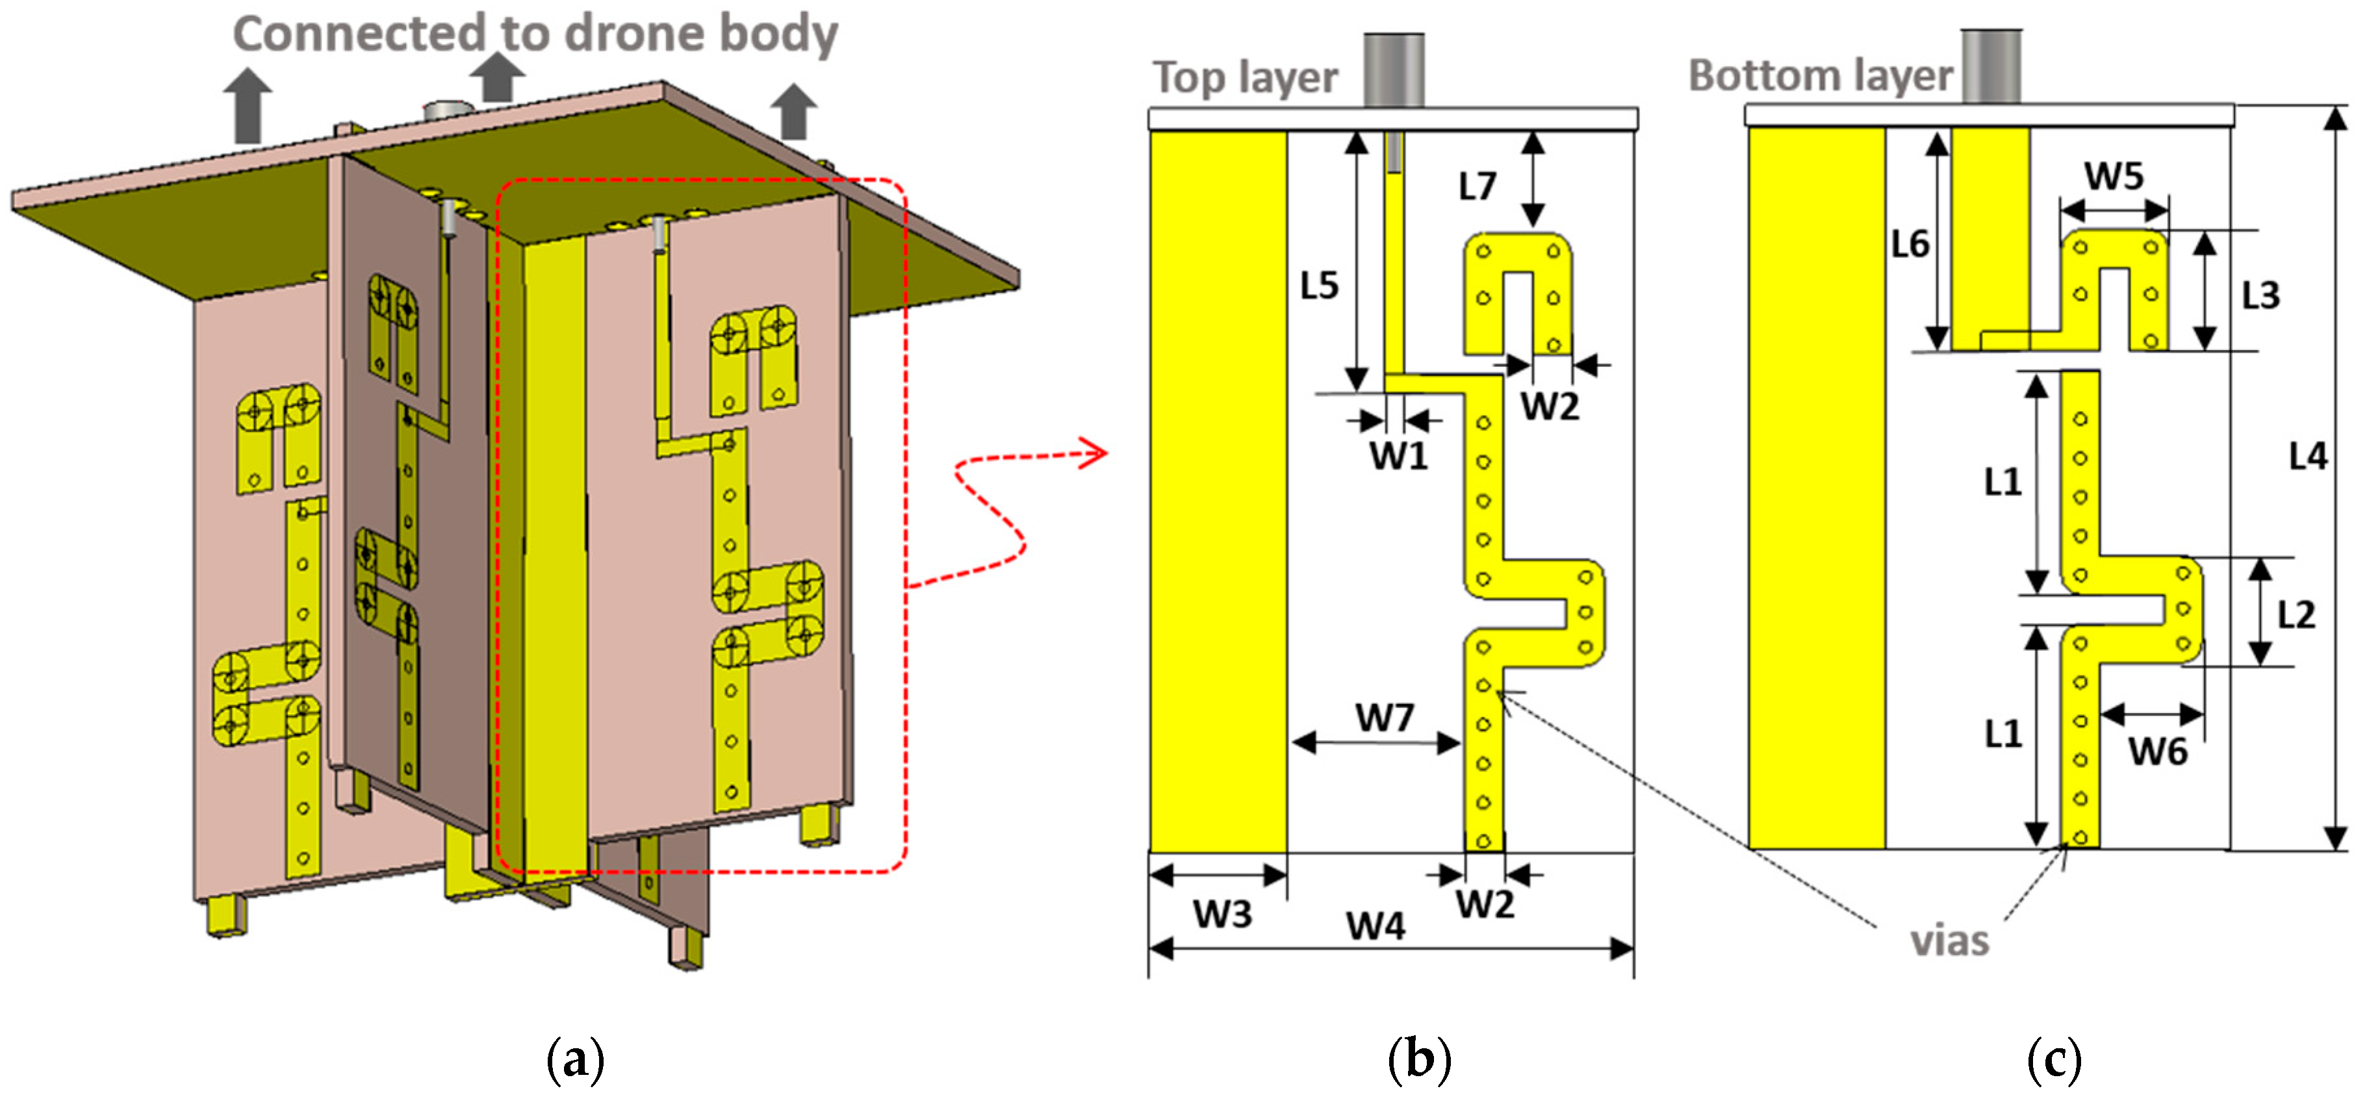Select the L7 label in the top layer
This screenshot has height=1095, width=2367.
[1478, 186]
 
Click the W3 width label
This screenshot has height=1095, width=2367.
[1222, 914]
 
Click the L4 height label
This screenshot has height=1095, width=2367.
[2307, 457]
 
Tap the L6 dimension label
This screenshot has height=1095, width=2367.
[1910, 244]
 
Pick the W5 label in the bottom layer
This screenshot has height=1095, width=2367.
[2114, 175]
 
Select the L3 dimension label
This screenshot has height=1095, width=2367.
[2260, 296]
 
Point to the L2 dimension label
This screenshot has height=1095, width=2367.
[2296, 614]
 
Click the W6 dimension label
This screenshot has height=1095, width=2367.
[2158, 751]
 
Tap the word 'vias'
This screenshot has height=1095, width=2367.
[1950, 942]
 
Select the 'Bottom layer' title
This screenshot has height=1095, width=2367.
[1821, 75]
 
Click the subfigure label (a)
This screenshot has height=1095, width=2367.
[575, 1059]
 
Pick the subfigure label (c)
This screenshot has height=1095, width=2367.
[2054, 1059]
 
